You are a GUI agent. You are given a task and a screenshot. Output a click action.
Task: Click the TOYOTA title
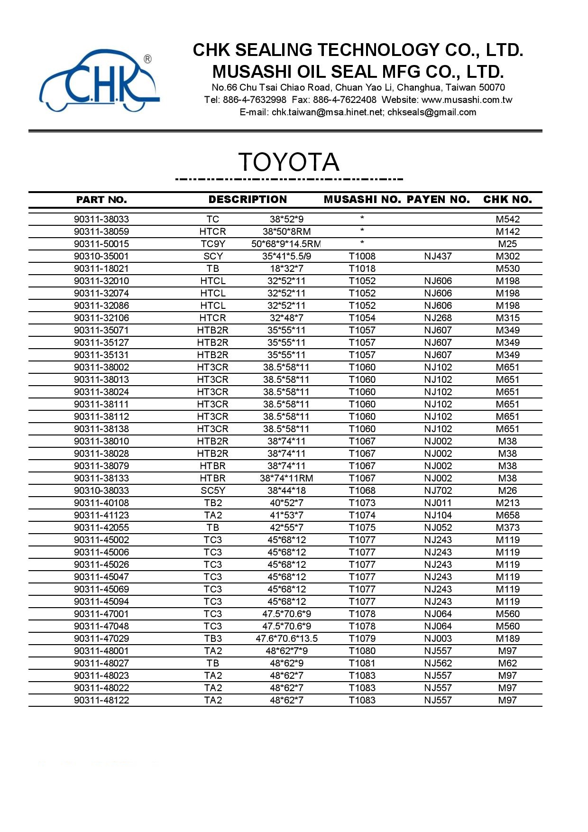point(288,162)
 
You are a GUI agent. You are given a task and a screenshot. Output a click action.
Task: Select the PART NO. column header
point(101,200)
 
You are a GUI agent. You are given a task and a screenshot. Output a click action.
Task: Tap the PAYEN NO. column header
point(438,200)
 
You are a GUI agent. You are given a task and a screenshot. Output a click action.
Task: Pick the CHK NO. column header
point(507,200)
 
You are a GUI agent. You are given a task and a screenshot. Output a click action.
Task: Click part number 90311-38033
point(101,219)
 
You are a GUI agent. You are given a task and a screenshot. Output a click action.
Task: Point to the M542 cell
point(507,219)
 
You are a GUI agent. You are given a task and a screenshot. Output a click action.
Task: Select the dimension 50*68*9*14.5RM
point(286,244)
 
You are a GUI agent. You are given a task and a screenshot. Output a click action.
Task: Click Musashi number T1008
point(362,256)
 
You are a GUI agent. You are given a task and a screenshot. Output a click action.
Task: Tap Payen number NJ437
point(438,256)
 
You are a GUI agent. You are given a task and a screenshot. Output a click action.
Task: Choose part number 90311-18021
point(101,268)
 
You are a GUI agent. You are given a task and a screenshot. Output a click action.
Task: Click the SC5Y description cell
point(212,490)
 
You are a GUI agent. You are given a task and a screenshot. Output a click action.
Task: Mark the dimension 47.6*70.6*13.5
point(286,638)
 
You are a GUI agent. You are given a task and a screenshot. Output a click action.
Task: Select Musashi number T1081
point(362,663)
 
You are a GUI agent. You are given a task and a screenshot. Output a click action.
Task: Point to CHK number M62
point(507,663)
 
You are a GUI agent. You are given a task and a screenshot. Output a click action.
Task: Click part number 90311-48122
point(101,700)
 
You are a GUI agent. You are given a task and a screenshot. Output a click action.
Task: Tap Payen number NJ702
point(438,490)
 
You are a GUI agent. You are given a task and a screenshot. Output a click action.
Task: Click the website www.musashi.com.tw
point(467,100)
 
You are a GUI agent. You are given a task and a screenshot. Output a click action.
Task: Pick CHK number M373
point(507,527)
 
